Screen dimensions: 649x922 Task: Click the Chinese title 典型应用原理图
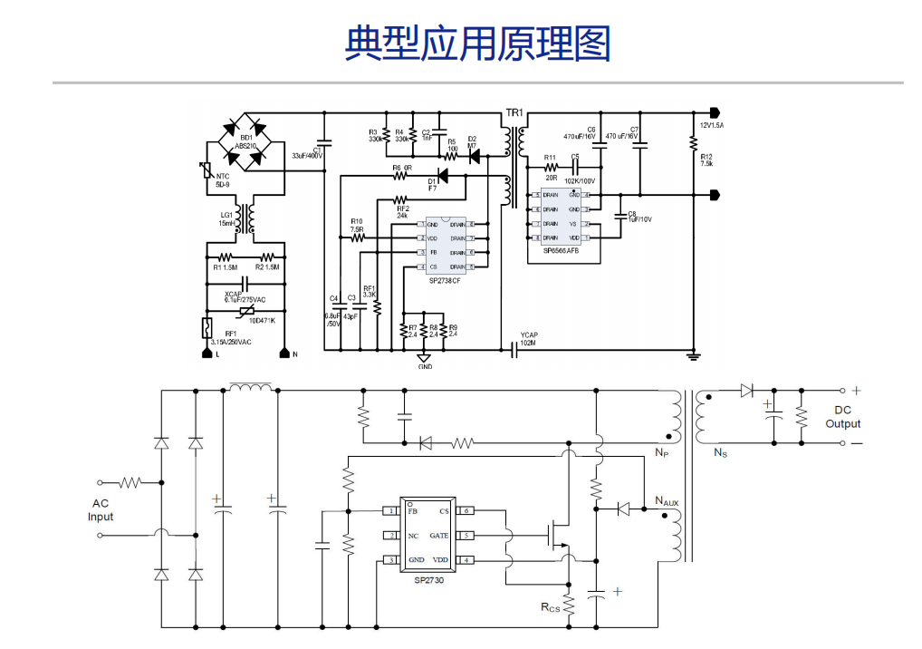pos(477,43)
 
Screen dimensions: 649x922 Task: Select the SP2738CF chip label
pos(445,282)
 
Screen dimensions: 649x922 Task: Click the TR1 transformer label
pos(514,112)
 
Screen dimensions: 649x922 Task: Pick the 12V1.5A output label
pos(711,125)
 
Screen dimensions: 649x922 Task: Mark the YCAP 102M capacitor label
pos(529,340)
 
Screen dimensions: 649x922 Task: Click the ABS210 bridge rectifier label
pos(246,146)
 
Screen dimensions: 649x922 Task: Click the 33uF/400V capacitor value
pos(307,156)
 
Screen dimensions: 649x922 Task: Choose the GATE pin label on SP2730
pos(439,536)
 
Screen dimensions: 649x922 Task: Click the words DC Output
pos(843,417)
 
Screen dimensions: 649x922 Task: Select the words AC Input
pos(101,510)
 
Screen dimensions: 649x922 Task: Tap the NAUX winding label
pos(667,501)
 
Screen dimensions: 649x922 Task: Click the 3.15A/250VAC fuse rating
pos(231,342)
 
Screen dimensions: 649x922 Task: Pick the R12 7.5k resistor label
pos(706,160)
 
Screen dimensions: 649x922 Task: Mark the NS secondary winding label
pos(720,452)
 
